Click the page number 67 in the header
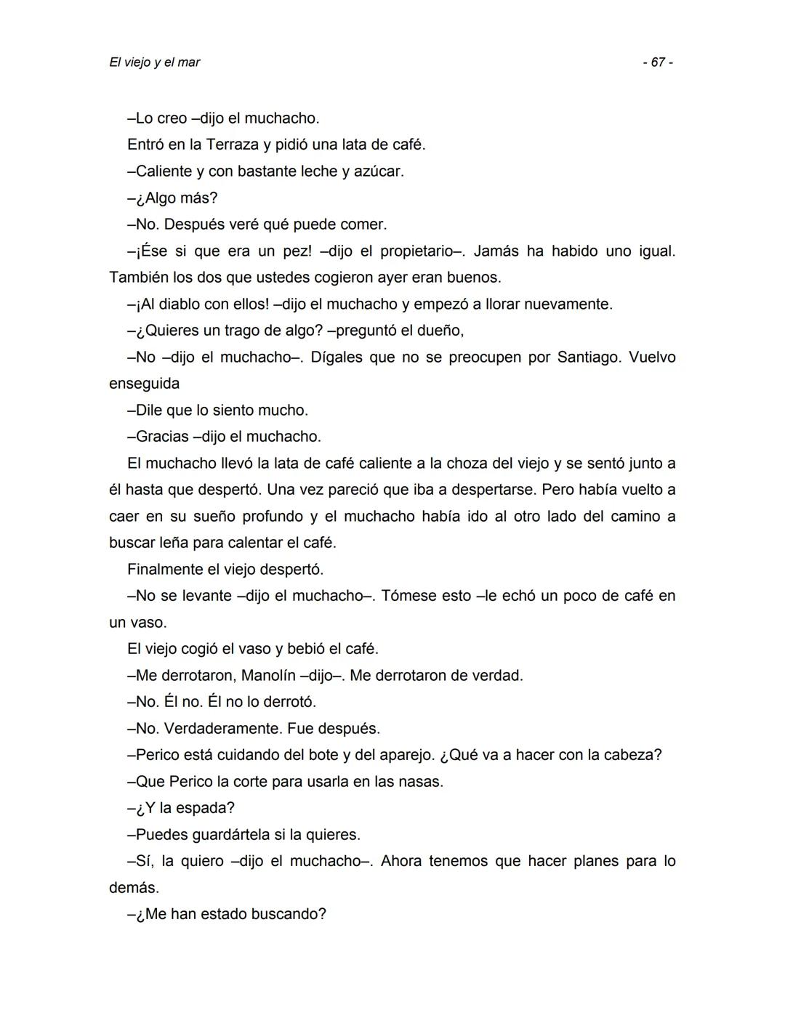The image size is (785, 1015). point(658,62)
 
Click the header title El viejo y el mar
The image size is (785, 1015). point(154,62)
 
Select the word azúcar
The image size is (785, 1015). point(377,171)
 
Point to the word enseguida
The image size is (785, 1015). point(144,384)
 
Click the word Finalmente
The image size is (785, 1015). point(164,570)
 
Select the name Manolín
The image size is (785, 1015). point(267,676)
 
